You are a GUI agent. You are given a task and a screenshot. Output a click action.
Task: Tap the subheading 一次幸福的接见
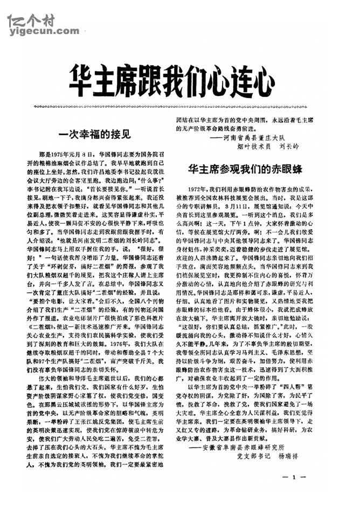[94, 133]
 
